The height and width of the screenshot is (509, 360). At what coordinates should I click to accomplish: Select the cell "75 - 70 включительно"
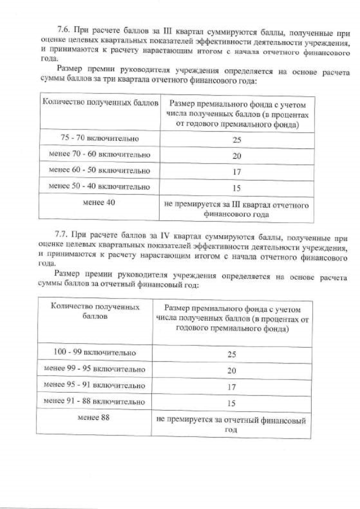coord(100,138)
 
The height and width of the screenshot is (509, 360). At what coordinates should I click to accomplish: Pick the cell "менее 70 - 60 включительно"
coord(100,155)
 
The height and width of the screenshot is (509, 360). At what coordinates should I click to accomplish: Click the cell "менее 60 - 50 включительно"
coord(100,170)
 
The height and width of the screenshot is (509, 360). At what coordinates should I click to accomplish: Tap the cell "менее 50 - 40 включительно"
coord(100,186)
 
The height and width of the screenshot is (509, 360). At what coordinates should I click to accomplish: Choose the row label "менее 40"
coord(100,203)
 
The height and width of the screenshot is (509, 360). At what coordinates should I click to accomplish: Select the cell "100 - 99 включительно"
coord(94,353)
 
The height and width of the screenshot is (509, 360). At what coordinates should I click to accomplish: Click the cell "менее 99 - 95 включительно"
coord(94,370)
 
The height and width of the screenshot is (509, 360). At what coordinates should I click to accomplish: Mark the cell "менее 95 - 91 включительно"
coord(94,386)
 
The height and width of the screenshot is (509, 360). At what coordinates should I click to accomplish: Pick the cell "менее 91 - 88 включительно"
coord(94,402)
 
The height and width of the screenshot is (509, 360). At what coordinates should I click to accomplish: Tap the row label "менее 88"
coord(94,418)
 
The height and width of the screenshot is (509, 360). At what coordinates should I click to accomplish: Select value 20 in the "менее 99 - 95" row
coord(231,371)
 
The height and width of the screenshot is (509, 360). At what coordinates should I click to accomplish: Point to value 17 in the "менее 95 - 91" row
coord(231,387)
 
